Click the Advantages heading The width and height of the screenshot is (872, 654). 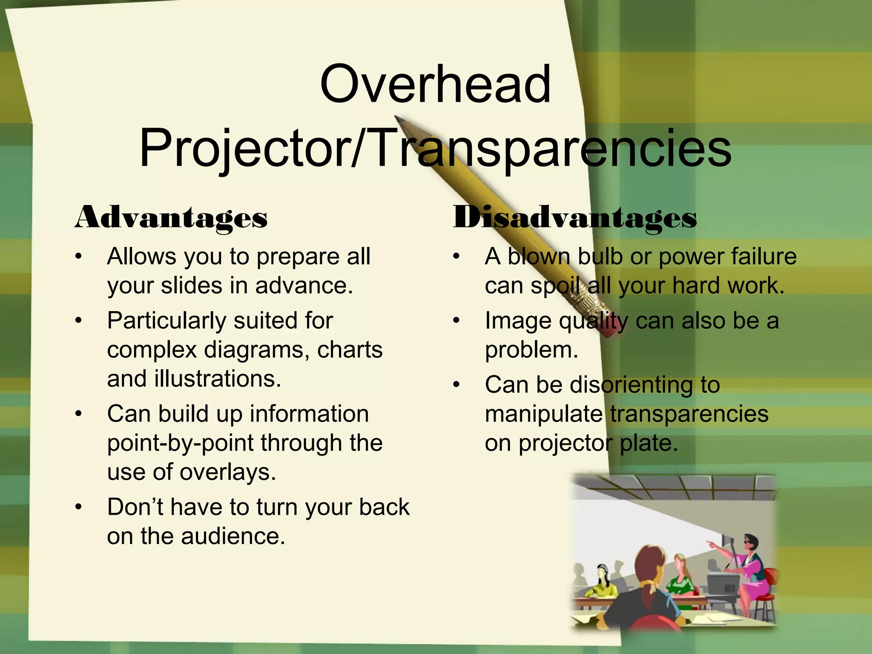point(171,218)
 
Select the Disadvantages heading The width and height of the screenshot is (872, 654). point(575,218)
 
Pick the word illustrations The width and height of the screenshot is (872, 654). point(217,379)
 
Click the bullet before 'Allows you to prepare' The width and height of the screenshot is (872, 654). point(78,257)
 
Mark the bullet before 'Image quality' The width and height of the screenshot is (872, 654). point(456,321)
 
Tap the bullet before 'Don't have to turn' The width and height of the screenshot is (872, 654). point(78,507)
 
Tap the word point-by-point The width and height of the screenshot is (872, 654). point(181,443)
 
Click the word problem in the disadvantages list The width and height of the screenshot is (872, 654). point(531,350)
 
